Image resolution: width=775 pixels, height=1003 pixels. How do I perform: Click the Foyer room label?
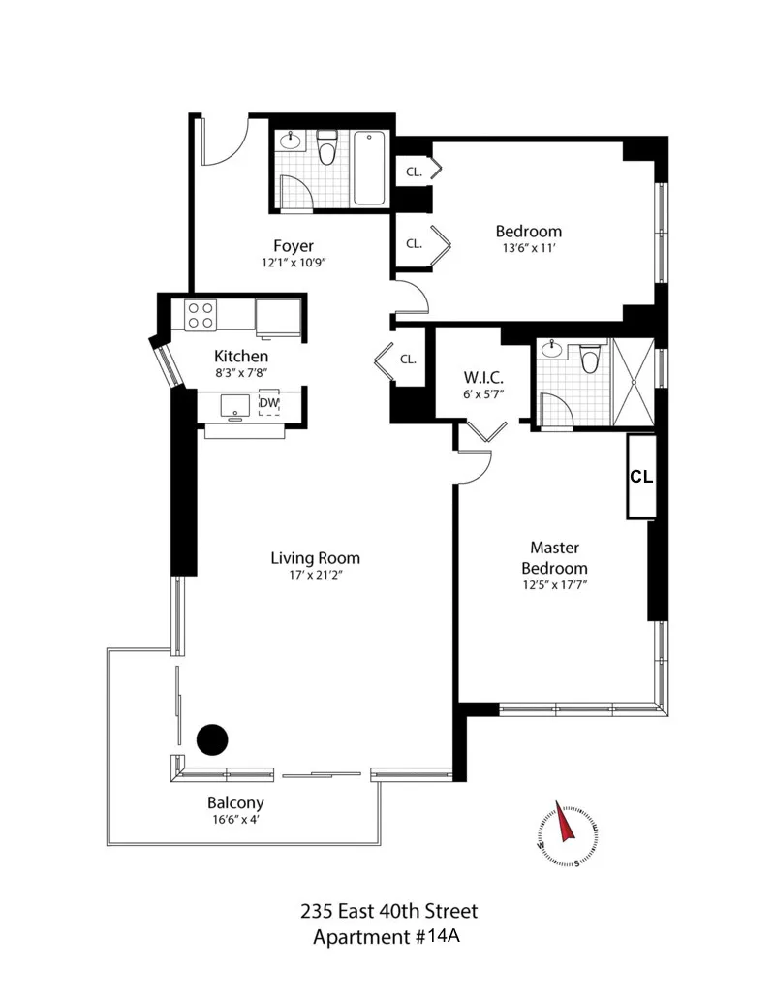point(293,246)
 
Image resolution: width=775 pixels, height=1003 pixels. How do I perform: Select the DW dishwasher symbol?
point(268,403)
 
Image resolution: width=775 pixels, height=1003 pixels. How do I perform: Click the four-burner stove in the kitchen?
point(201,315)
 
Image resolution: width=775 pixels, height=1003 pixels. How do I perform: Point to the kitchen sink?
point(233,405)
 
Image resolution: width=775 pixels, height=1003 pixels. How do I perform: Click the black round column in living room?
point(212,740)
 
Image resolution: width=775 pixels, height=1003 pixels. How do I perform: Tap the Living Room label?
point(315,558)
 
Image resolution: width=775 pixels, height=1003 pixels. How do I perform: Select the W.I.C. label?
point(481,376)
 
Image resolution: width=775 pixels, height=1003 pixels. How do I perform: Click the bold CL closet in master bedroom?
point(641,477)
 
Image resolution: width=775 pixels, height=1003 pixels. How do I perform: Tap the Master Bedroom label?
point(554,558)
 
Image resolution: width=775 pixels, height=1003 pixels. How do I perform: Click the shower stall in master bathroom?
point(633,382)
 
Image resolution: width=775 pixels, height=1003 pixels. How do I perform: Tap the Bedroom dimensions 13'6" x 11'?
point(528,248)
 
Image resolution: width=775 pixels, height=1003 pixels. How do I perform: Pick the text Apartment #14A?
point(387,937)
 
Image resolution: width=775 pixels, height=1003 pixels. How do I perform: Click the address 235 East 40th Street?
point(387,911)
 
